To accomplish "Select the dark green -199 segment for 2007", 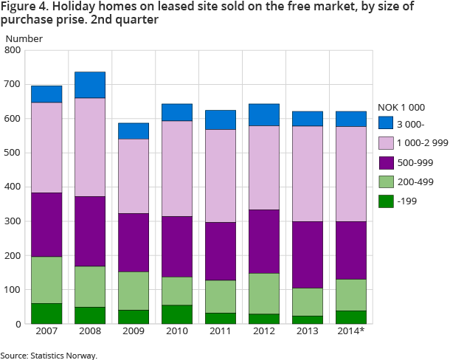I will click(46, 314).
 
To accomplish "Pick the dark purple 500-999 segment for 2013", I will click(307, 255).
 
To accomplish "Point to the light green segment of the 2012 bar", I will click(263, 294).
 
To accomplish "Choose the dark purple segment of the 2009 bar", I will click(133, 243).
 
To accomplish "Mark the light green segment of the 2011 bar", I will click(220, 297).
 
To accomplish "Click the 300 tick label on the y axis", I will click(13, 221).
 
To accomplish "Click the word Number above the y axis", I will click(24, 38).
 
